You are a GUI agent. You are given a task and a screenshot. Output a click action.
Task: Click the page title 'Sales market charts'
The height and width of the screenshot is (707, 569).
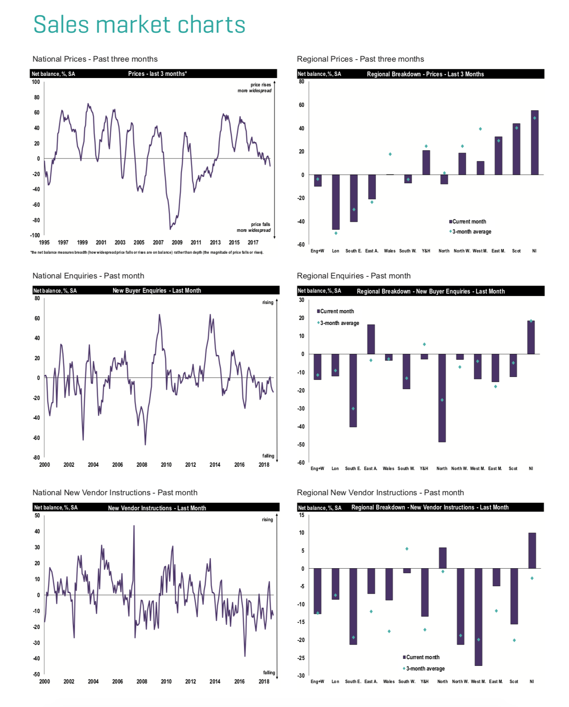[x=139, y=24]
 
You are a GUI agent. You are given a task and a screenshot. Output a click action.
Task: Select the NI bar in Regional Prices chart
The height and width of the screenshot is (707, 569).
[x=535, y=143]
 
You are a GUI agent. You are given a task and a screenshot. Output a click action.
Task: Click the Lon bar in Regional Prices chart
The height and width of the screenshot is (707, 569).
[x=336, y=202]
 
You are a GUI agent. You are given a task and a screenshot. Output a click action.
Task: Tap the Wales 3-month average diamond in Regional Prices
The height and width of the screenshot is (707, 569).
[x=390, y=154]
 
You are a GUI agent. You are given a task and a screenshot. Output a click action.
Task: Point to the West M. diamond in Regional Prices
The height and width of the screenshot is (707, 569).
[x=480, y=129]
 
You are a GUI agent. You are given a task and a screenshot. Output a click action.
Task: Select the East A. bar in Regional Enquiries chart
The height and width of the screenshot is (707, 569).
[x=371, y=339]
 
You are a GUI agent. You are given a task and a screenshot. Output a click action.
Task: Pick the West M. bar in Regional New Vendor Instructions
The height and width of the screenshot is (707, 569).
[x=478, y=616]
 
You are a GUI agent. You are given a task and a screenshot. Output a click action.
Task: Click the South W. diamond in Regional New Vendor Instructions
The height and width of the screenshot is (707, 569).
[x=407, y=549]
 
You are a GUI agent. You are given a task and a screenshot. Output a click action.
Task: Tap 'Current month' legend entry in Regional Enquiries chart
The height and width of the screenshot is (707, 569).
[x=337, y=311]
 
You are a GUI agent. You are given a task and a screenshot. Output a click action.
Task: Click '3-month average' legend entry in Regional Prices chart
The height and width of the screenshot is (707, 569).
[x=471, y=232]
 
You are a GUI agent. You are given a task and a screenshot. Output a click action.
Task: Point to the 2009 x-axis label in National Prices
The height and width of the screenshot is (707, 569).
[x=177, y=242]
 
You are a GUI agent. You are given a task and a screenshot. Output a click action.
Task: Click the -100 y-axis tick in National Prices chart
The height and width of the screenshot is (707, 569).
[x=35, y=235]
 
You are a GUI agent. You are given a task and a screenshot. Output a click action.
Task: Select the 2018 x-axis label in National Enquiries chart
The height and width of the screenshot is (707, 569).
[x=264, y=465]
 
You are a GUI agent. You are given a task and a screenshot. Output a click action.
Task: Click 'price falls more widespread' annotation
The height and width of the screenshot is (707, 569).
[x=254, y=227]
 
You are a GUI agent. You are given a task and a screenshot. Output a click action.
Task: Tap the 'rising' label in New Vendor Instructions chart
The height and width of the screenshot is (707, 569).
[x=267, y=520]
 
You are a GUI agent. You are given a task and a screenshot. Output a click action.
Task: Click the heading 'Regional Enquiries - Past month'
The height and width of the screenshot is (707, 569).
[x=354, y=276]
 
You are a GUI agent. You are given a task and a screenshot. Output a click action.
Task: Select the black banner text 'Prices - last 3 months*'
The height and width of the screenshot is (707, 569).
[x=157, y=74]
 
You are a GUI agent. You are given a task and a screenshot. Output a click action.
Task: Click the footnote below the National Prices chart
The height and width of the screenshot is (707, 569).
[x=147, y=252]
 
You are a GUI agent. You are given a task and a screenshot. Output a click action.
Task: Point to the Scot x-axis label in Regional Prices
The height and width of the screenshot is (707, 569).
[x=516, y=251]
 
